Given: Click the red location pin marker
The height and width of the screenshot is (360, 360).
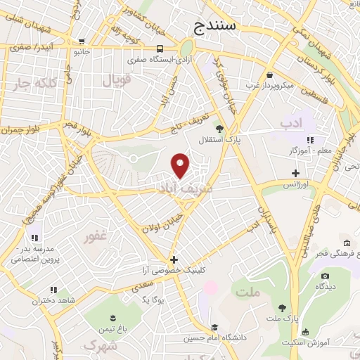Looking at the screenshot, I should [x=181, y=165].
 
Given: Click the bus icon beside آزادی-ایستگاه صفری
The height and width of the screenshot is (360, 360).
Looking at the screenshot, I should [x=161, y=49].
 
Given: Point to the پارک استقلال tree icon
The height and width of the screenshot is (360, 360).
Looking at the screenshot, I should [x=219, y=129].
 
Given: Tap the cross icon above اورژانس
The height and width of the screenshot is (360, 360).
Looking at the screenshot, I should [x=296, y=173].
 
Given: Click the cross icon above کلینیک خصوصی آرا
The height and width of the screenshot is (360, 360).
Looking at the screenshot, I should [x=174, y=259].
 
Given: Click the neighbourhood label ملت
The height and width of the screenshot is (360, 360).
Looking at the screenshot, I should [x=248, y=291].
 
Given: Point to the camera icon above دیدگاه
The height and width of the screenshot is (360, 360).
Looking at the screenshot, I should [x=324, y=276].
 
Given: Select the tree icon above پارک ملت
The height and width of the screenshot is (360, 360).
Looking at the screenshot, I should [x=282, y=308].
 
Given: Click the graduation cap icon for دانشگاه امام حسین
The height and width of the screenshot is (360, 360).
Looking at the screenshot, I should [x=214, y=327].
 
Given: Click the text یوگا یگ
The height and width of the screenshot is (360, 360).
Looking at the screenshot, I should [x=153, y=300].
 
